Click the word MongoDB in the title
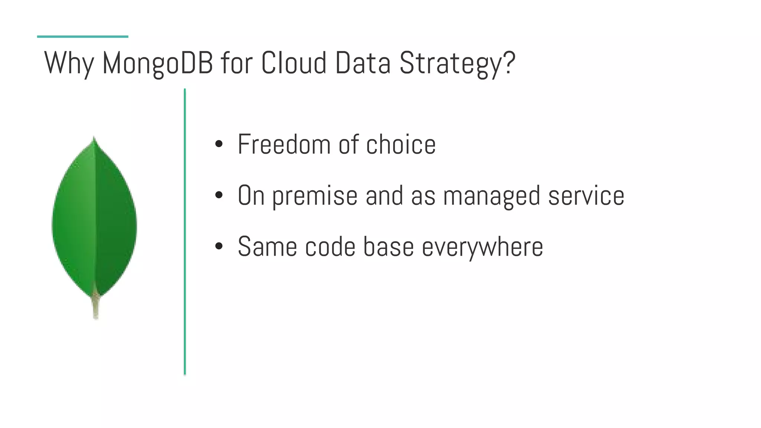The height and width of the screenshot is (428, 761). [158, 63]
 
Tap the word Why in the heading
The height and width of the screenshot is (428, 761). [69, 63]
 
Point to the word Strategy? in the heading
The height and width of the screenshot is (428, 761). [457, 63]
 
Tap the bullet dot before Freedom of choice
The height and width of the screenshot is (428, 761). [219, 144]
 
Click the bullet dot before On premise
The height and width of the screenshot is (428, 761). [219, 195]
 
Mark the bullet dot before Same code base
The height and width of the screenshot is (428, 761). [219, 246]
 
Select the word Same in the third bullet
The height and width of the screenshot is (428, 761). [267, 246]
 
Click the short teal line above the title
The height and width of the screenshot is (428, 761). [82, 36]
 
